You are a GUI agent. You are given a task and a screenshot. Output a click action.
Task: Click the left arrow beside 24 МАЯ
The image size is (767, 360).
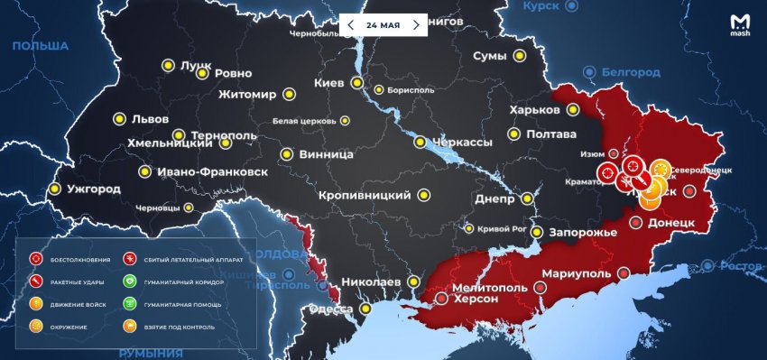pyautogui.click(x=351, y=24)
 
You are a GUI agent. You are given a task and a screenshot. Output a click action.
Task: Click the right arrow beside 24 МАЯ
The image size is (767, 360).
pyautogui.click(x=416, y=24)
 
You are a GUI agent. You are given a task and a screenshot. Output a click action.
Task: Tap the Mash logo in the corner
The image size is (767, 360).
pyautogui.click(x=738, y=23)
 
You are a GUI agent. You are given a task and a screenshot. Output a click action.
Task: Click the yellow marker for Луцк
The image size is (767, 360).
pyautogui.click(x=168, y=65)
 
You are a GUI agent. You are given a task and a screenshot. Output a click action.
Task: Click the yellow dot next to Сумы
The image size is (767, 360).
pyautogui.click(x=520, y=57)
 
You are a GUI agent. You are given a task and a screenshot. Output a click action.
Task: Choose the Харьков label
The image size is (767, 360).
pyautogui.click(x=534, y=110)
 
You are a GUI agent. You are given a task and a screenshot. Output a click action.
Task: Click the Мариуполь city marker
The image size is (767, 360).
pyautogui.click(x=540, y=288)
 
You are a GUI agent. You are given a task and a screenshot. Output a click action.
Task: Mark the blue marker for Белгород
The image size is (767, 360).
pyautogui.click(x=589, y=71)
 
